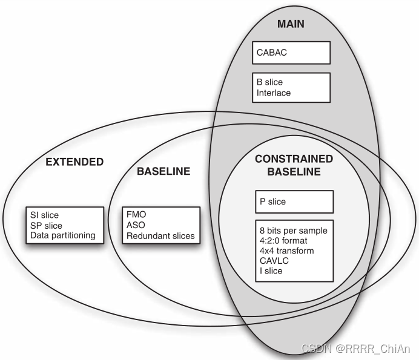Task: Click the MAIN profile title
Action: (291, 24)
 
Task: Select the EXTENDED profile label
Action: (75, 162)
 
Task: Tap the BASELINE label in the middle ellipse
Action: (163, 171)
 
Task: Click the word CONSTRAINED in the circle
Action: (294, 159)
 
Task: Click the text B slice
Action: (269, 82)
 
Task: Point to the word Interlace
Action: (274, 93)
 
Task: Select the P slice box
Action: (294, 201)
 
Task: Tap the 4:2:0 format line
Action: (282, 241)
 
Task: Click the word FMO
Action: (136, 214)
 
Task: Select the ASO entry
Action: (136, 225)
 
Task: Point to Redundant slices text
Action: (160, 235)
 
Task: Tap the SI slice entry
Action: (46, 215)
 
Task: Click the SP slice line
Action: (47, 225)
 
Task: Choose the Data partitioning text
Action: (62, 235)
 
